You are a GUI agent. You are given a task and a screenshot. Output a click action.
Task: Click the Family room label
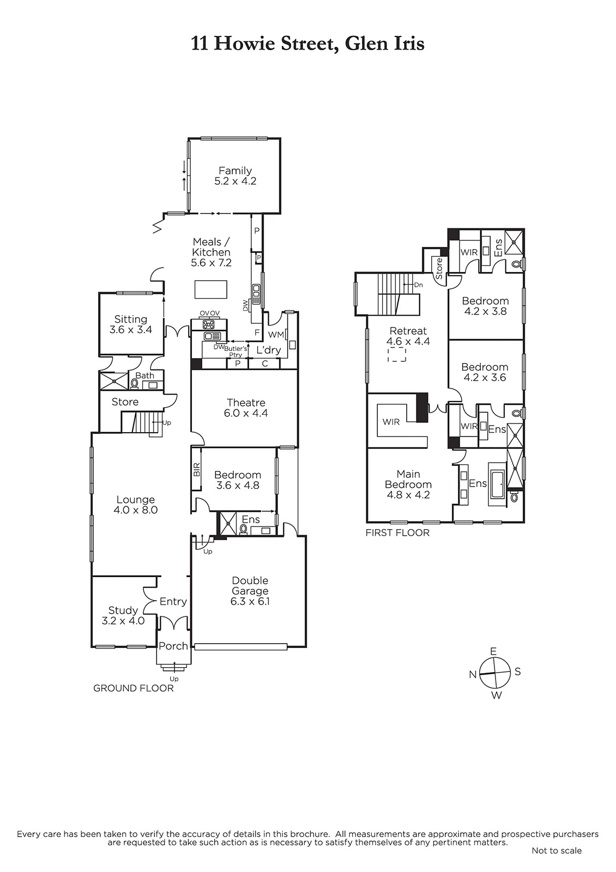tap(235, 171)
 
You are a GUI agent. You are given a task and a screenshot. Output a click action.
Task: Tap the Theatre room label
tap(246, 403)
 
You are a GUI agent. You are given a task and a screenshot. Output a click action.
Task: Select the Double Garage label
tap(250, 585)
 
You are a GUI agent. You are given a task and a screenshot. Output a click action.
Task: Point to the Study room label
tap(123, 610)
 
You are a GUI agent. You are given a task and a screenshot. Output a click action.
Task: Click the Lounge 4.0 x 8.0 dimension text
tap(136, 510)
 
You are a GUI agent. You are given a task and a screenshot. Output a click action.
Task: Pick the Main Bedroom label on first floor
tap(408, 479)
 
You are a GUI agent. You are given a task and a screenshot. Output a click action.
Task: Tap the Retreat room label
tap(408, 331)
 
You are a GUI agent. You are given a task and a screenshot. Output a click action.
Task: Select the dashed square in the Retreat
tap(397, 355)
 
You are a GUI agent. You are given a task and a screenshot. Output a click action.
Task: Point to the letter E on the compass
tap(493, 651)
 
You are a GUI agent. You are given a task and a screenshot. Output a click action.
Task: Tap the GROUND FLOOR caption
tap(133, 688)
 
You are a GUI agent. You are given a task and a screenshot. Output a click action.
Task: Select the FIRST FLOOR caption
tap(397, 532)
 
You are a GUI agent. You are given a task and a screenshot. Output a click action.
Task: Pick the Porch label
tap(173, 646)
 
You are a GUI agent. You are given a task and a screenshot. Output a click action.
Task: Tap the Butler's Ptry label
tap(235, 352)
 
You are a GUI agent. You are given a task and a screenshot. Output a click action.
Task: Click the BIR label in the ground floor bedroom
tap(197, 469)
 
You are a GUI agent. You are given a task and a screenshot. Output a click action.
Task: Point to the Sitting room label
tap(131, 319)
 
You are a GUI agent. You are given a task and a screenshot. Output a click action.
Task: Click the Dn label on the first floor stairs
tap(418, 285)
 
